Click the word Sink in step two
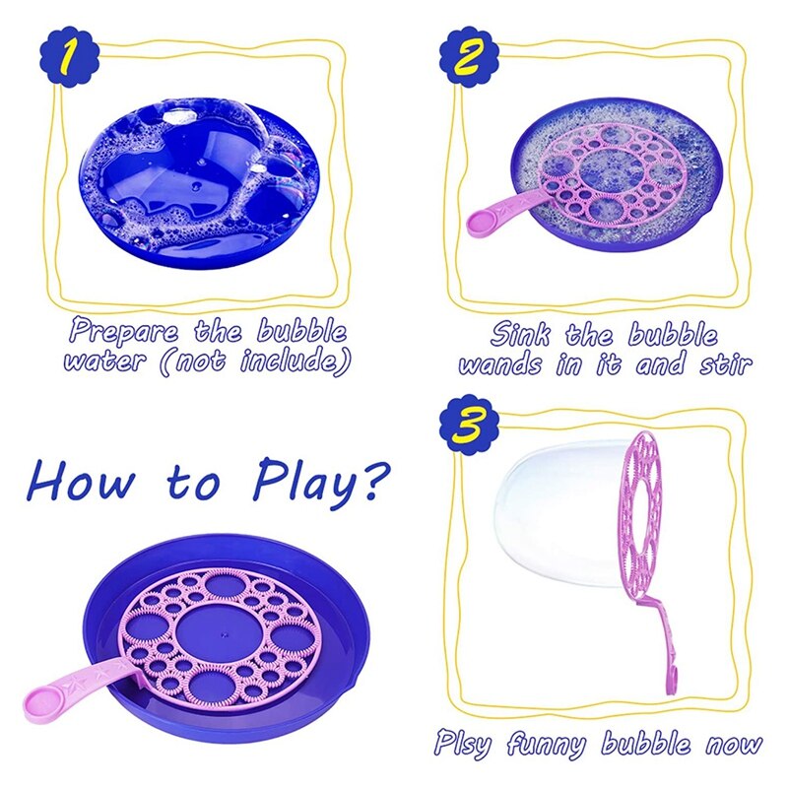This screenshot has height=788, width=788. [x=522, y=335]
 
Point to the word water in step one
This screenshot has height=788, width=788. [x=104, y=361]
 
